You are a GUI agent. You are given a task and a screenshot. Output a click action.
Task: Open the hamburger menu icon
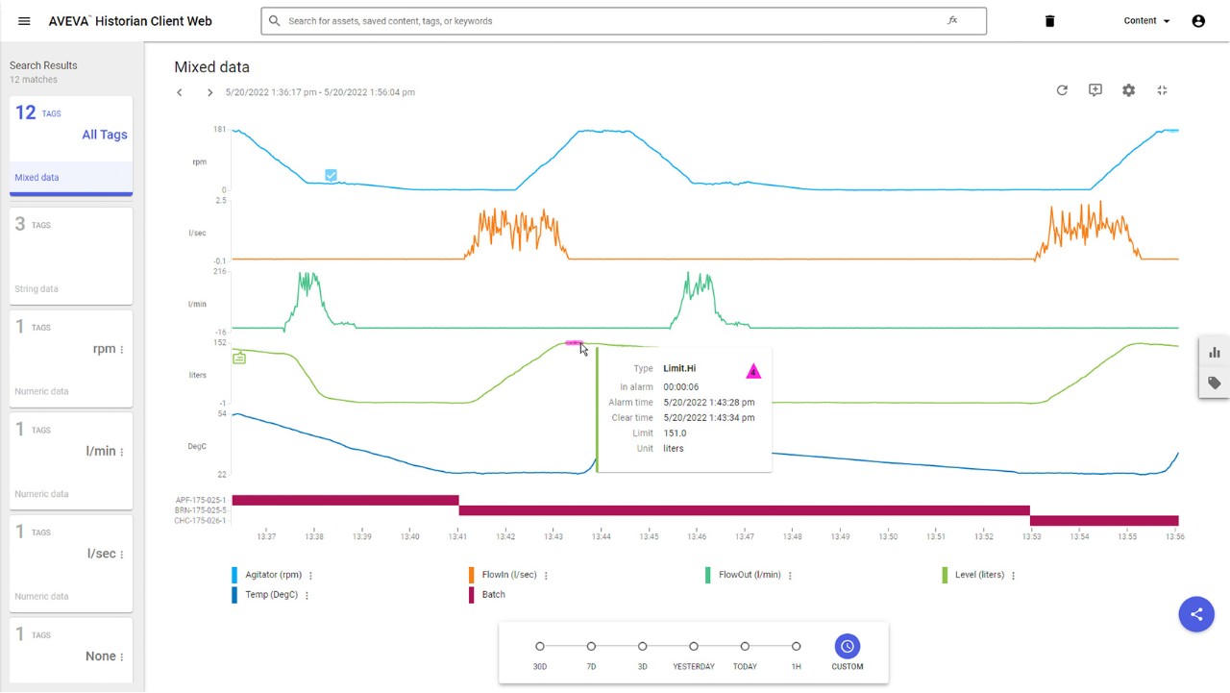pos(24,21)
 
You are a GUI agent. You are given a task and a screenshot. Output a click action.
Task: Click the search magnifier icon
pos(275,21)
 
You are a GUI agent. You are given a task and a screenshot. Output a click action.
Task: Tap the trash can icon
pos(1049,21)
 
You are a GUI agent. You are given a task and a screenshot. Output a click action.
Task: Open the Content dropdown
pos(1146,21)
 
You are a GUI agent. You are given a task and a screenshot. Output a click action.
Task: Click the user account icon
pos(1198,21)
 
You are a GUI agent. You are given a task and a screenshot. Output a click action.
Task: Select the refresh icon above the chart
pos(1062,90)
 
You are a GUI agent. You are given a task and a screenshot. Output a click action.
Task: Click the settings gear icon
pos(1128,90)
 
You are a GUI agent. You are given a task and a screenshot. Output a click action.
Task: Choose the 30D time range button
pos(540,647)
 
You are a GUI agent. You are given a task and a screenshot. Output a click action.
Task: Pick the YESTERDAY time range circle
pos(694,647)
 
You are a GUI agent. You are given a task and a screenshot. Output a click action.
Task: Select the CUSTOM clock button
pos(847,647)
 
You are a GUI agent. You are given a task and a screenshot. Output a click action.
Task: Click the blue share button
pos(1196,614)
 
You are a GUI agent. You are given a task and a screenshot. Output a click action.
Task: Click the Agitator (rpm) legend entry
pos(273,575)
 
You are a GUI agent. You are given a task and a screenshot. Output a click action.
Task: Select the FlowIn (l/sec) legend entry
pos(509,575)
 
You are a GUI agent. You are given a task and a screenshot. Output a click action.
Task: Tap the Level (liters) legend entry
pos(978,575)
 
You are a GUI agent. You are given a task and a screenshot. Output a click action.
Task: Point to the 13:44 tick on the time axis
pos(602,536)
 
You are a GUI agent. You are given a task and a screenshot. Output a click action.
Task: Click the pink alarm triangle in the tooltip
pos(753,371)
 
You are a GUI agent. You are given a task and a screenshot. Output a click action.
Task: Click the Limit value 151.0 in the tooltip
pos(675,433)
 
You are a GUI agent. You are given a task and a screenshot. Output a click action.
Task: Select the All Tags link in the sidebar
pos(104,135)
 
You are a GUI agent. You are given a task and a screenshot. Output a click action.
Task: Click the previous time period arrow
pos(180,92)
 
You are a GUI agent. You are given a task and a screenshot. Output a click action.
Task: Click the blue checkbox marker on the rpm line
pos(331,175)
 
